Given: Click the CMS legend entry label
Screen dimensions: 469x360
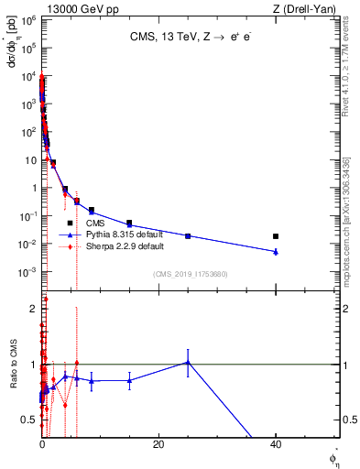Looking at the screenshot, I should coord(95,223).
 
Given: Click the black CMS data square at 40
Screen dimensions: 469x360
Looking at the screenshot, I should coord(276,236).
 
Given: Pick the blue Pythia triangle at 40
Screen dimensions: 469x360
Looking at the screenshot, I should coord(276,251).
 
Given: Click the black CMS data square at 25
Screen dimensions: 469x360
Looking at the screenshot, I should coord(188,236).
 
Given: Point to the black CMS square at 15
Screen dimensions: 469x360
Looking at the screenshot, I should coord(129,223).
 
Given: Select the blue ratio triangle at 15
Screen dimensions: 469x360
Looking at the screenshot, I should coord(129,380).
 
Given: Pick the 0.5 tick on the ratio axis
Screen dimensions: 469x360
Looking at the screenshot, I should coord(30,420).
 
